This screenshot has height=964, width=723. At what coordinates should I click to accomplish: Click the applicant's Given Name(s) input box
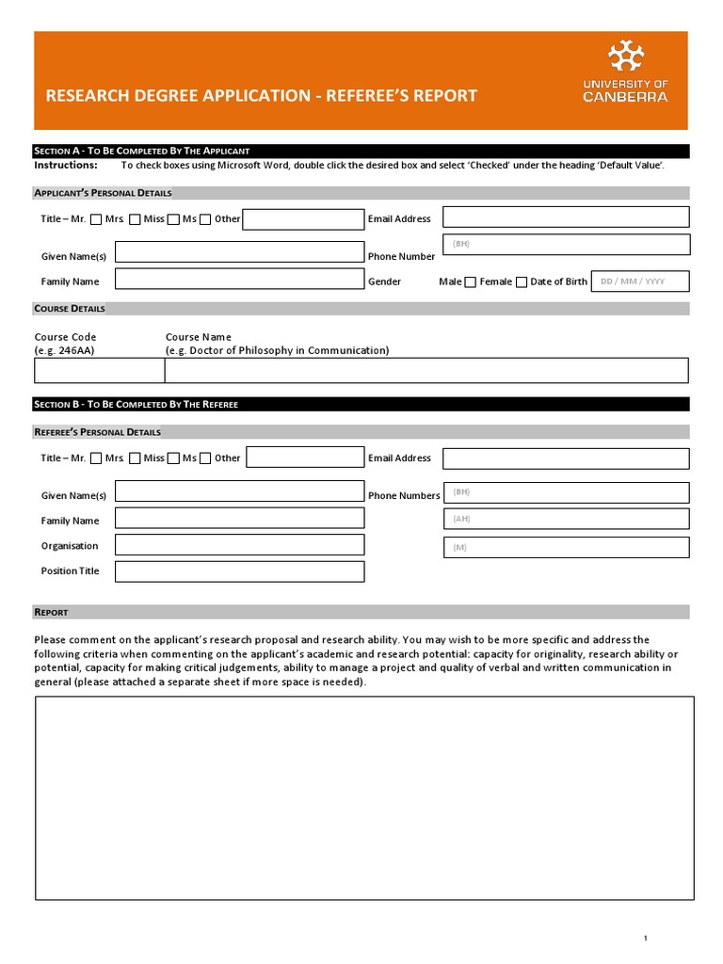coord(239,252)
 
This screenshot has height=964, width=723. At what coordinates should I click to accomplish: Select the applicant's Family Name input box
coord(239,279)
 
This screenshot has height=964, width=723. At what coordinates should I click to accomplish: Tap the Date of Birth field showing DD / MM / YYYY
coord(639,281)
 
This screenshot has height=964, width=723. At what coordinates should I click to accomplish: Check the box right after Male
coord(470,282)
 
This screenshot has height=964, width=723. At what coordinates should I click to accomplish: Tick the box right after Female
coord(522,282)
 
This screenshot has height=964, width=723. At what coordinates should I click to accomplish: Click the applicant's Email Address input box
coord(566,217)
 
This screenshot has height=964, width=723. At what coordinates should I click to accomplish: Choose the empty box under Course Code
coord(99,371)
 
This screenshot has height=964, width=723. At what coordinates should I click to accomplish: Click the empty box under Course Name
coord(426,371)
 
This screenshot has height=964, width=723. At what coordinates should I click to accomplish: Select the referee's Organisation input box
coord(239,545)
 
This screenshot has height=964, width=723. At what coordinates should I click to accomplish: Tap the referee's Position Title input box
coord(239,570)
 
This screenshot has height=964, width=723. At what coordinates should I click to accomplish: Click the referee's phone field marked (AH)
coord(566,519)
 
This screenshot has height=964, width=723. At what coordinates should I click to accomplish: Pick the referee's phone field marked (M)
coord(566,547)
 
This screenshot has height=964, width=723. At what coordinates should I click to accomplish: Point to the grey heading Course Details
coord(71,309)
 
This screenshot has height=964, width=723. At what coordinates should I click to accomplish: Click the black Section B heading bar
coord(361,404)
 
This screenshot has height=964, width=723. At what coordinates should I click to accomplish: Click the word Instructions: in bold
coord(66,165)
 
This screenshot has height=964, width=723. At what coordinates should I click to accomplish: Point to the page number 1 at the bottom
coord(646,938)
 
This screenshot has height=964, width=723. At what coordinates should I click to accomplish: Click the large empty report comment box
coord(364,798)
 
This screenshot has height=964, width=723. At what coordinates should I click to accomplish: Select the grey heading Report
coord(52,612)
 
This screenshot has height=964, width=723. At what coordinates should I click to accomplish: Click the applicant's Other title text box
coord(303,219)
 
